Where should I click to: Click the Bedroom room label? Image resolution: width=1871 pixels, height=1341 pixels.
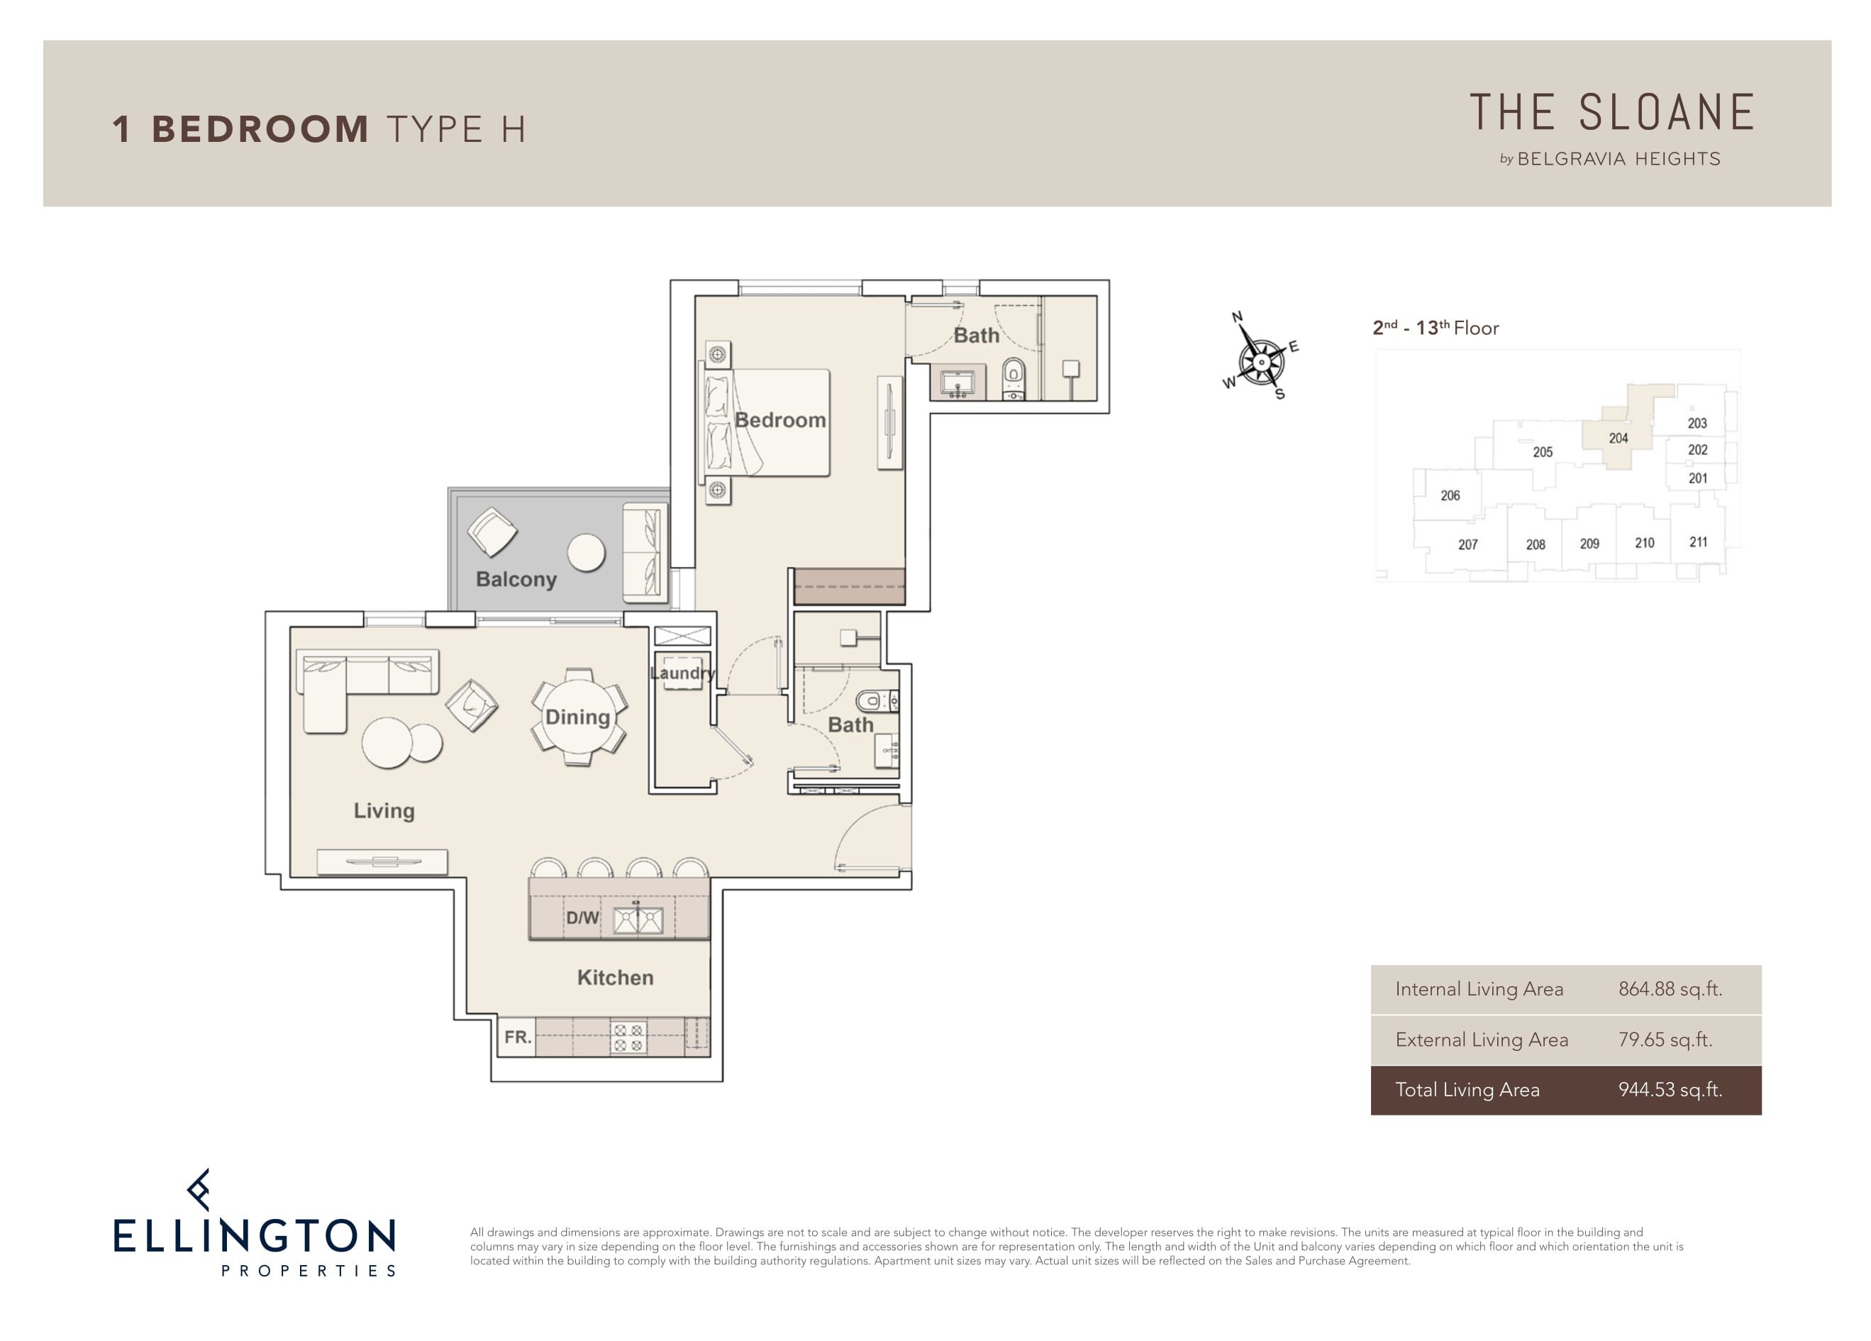pos(780,420)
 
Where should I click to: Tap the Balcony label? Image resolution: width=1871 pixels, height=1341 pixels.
pos(516,579)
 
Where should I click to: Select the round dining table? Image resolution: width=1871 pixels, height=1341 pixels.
pos(578,717)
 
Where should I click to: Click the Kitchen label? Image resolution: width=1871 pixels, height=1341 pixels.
pos(616,978)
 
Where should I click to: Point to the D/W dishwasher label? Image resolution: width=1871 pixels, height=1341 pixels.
pos(582,917)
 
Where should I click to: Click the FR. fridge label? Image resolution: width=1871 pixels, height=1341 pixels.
pos(518,1037)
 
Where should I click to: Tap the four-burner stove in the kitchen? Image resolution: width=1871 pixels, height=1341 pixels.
pos(628,1037)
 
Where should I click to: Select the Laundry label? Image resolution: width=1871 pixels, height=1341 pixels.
pos(682,673)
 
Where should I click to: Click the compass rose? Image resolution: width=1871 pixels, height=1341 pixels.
pos(1260,360)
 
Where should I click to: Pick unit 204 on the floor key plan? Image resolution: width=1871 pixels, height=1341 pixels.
pos(1619,438)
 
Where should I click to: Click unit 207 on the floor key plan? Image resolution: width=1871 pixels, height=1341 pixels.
pos(1467,545)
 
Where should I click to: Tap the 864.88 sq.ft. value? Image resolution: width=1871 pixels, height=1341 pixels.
pos(1670,990)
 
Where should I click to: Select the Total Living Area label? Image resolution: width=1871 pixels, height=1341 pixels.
pos(1467,1090)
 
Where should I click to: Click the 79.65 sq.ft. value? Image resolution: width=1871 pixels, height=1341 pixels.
pos(1665,1039)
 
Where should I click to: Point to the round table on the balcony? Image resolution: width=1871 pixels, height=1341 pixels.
pos(587,553)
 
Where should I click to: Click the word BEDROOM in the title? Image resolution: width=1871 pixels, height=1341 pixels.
pos(260,130)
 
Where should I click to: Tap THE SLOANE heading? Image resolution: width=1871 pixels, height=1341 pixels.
pos(1612,113)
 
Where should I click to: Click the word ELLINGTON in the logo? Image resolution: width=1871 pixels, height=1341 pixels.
pos(254,1236)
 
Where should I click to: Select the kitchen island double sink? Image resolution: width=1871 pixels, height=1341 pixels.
pos(638,920)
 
